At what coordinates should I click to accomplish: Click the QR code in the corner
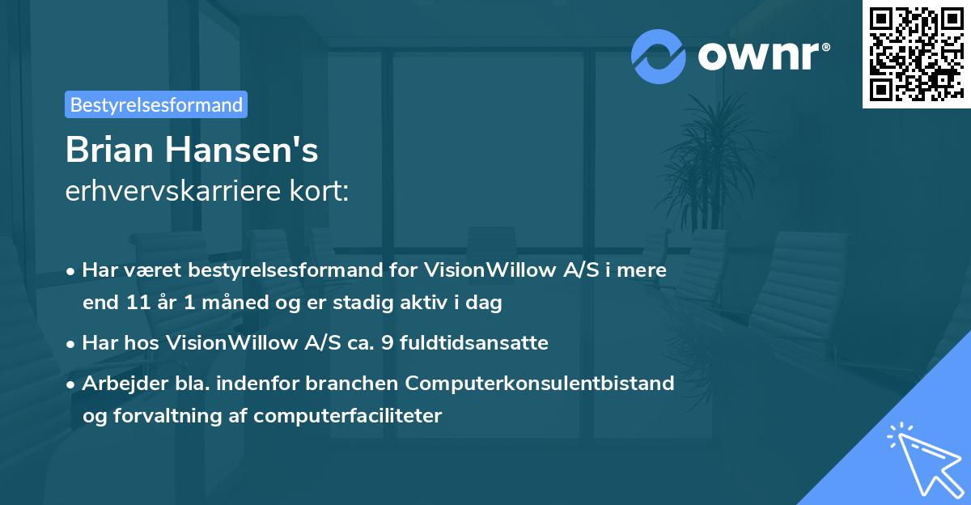(x=916, y=54)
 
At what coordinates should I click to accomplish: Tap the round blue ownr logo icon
(x=659, y=56)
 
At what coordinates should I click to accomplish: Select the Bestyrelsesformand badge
(x=156, y=104)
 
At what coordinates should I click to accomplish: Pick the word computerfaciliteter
(x=348, y=416)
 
